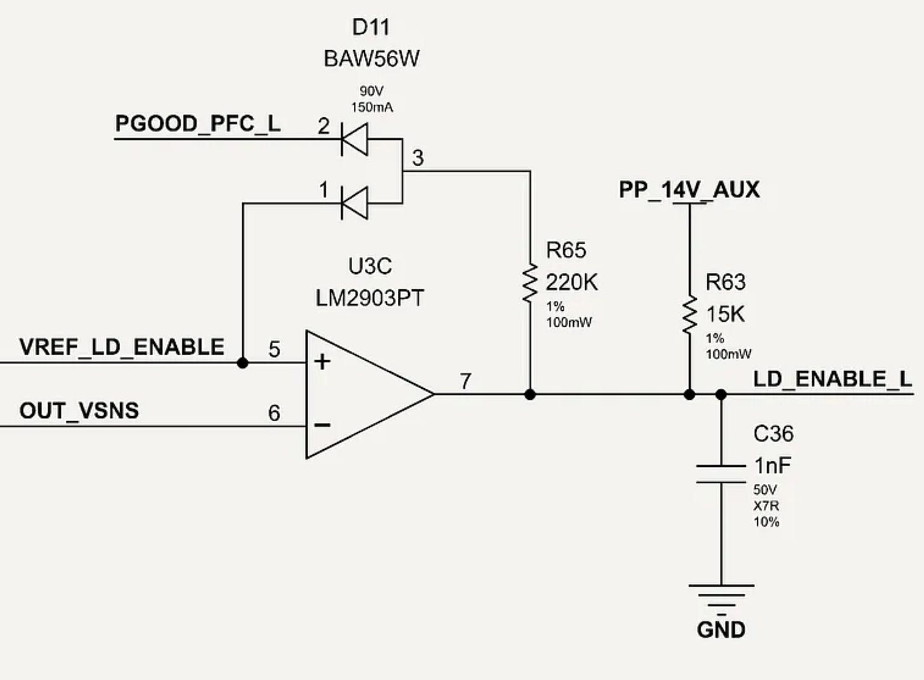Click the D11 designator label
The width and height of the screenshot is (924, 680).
click(x=371, y=27)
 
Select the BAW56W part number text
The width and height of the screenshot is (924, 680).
click(x=371, y=58)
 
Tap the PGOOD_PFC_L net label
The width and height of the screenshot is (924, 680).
click(x=197, y=123)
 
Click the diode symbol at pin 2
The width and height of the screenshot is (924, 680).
click(x=354, y=139)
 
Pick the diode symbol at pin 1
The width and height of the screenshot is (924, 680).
click(x=354, y=203)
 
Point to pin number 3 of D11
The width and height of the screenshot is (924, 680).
click(x=418, y=158)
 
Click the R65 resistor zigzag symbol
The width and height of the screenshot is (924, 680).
click(x=530, y=283)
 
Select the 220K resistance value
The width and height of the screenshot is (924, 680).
click(x=572, y=282)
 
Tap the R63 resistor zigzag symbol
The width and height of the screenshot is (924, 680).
click(x=689, y=315)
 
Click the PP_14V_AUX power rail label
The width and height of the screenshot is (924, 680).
click(x=689, y=190)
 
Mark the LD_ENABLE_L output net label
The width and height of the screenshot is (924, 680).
click(x=833, y=379)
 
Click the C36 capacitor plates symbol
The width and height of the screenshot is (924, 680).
click(x=721, y=474)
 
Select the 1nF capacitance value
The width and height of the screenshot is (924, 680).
click(x=772, y=466)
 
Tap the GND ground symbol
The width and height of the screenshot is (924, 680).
click(x=721, y=596)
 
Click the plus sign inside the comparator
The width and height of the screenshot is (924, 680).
click(x=322, y=362)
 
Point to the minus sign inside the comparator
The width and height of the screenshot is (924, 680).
click(x=322, y=425)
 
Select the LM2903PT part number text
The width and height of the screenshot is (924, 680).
click(x=369, y=298)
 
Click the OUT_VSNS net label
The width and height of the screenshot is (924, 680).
click(x=79, y=410)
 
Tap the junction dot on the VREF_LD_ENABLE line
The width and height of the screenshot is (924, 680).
click(x=242, y=363)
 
